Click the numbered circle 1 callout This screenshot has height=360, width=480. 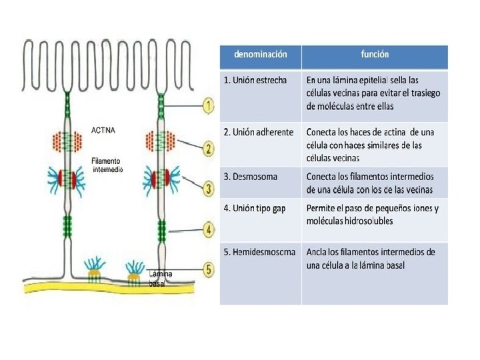coord(209,105)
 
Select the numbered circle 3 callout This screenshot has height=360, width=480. coord(209,189)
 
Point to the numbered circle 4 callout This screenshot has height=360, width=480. coord(209,230)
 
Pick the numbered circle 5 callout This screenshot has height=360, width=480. coord(209,270)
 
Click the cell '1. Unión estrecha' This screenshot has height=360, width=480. coord(255,80)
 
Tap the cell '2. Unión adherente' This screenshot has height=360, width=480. coord(259,132)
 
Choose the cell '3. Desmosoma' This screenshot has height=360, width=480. coord(251,177)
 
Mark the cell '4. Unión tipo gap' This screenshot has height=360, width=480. coord(255,209)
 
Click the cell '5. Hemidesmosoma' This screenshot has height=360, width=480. coord(259,252)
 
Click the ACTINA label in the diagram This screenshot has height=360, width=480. coord(103,131)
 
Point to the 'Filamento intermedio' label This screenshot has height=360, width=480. coord(106,165)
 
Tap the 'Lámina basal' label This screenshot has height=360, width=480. coord(159,279)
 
